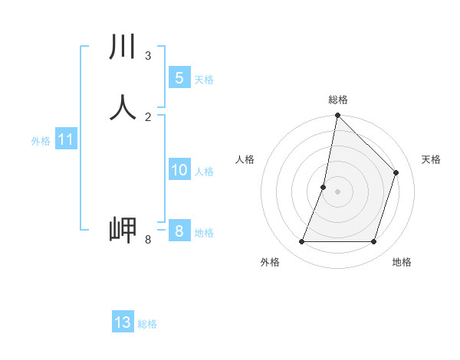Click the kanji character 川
point(123,47)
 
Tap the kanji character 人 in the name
point(123,107)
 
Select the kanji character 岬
point(123,231)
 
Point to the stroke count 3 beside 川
point(148,56)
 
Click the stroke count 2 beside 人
point(148,116)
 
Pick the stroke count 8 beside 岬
point(148,240)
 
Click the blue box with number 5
point(179,78)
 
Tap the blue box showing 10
point(179,170)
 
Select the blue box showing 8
point(179,231)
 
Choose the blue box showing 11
point(66,140)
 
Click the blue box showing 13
point(123,322)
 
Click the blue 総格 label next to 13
point(147,324)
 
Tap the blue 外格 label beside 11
point(41,141)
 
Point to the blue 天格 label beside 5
point(204,80)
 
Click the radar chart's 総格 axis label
point(337,100)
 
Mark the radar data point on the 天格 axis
point(396,172)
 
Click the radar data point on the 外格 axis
point(301,242)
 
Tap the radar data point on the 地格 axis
point(373,242)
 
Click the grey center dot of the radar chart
point(337,191)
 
